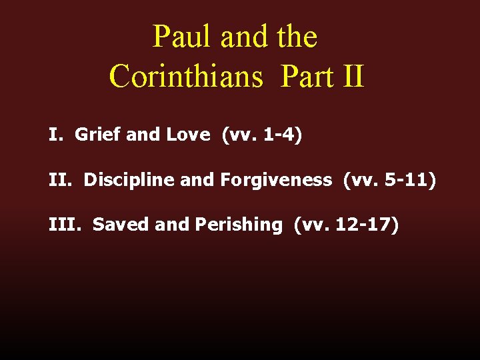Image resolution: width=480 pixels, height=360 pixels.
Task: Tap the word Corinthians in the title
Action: pyautogui.click(x=187, y=76)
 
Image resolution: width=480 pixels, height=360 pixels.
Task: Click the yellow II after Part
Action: pyautogui.click(x=352, y=76)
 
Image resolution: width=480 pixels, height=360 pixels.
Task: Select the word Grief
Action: pyautogui.click(x=98, y=135)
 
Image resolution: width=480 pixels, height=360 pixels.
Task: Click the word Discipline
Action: pyautogui.click(x=127, y=180)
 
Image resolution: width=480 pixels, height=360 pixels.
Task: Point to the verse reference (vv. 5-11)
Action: pyautogui.click(x=390, y=180)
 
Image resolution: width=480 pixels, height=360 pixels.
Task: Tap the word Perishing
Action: pyautogui.click(x=239, y=225)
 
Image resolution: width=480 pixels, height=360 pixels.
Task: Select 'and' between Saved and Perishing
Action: pyautogui.click(x=173, y=225)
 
